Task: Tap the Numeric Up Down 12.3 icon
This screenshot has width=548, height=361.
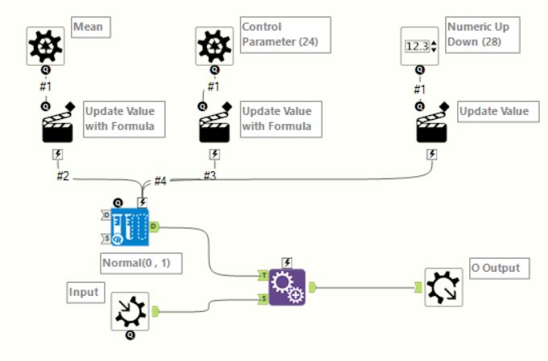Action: click(420, 46)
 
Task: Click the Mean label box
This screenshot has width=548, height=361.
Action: click(90, 27)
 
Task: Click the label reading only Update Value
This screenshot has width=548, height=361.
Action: click(494, 112)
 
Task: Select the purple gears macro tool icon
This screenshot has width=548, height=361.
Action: click(286, 286)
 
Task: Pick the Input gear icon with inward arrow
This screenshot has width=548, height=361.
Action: click(130, 311)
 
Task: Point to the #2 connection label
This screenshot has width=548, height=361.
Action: click(63, 175)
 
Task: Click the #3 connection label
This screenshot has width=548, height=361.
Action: click(210, 175)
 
